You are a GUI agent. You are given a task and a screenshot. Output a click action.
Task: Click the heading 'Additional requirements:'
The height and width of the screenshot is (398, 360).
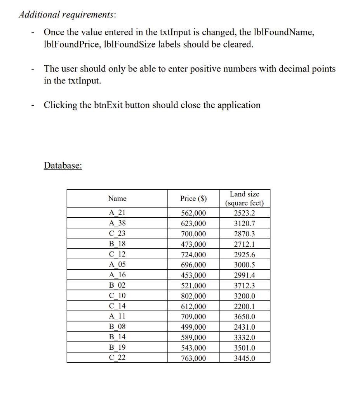tap(67, 14)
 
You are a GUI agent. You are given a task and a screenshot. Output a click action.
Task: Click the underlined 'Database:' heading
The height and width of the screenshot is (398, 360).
tap(63, 166)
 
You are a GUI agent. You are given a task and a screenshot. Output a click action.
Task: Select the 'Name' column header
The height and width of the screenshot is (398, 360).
tap(117, 199)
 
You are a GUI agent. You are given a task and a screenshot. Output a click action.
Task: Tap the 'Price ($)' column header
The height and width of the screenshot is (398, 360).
tap(193, 199)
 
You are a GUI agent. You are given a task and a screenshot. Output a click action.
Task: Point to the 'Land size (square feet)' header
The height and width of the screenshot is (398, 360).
tap(244, 199)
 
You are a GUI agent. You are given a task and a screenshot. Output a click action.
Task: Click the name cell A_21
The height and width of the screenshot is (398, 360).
tap(117, 213)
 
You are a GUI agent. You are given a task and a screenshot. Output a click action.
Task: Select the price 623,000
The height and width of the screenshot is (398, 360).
tap(193, 223)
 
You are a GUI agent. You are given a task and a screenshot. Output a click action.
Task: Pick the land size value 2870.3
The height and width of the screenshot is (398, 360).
tap(244, 234)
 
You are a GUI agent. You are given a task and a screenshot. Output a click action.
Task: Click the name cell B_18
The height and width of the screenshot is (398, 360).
tap(117, 244)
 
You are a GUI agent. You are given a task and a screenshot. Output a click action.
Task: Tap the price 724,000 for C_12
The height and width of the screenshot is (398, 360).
tap(193, 255)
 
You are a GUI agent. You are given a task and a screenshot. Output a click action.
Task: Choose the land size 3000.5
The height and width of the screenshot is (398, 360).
tap(244, 265)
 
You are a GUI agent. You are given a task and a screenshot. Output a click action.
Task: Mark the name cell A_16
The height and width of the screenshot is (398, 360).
tap(117, 275)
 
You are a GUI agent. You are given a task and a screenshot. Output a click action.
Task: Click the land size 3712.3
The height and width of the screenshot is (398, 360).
tap(244, 286)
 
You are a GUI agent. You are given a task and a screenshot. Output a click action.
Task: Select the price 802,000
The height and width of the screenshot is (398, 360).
tap(193, 296)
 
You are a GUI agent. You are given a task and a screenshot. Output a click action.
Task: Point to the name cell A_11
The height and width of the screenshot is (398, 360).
tap(117, 317)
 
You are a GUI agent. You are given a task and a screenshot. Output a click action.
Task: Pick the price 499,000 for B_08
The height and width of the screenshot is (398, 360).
tap(193, 327)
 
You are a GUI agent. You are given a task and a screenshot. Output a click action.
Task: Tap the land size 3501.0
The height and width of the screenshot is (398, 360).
tap(244, 348)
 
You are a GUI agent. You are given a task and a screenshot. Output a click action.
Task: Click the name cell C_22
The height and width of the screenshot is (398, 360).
tap(117, 358)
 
